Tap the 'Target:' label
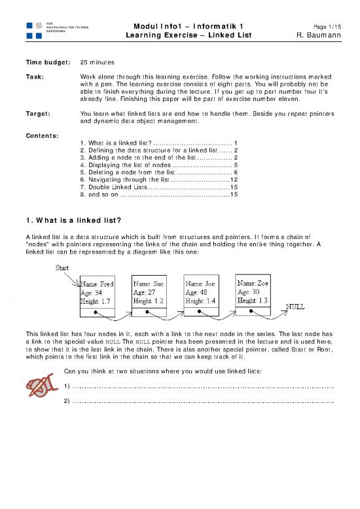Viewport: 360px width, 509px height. [40, 113]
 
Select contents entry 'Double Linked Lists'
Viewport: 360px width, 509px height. [117, 186]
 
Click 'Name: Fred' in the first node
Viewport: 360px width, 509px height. [99, 284]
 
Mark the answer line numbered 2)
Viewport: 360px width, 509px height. [203, 400]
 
